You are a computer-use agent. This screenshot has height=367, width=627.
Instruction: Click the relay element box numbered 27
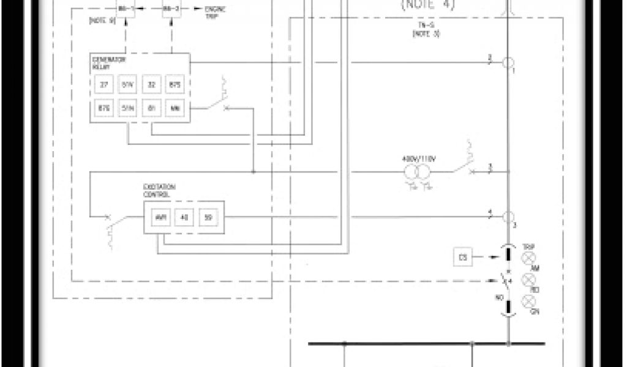pos(103,84)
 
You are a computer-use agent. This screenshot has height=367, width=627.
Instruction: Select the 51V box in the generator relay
pos(127,84)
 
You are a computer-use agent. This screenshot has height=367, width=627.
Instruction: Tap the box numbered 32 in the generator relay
pos(151,84)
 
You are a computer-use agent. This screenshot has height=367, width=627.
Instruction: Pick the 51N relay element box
pos(127,108)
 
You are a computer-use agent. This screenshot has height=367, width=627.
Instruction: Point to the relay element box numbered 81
pos(151,108)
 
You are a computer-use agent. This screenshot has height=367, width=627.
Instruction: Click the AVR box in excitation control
pos(159,217)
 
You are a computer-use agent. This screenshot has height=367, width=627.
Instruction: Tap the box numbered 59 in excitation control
pos(207,217)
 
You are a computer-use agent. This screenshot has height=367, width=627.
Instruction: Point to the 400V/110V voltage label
pos(418,159)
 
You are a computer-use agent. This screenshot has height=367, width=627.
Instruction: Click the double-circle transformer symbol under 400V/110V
pos(418,173)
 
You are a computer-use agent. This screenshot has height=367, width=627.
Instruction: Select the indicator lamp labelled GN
pos(528,301)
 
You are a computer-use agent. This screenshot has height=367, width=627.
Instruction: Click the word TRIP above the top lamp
pos(529,247)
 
